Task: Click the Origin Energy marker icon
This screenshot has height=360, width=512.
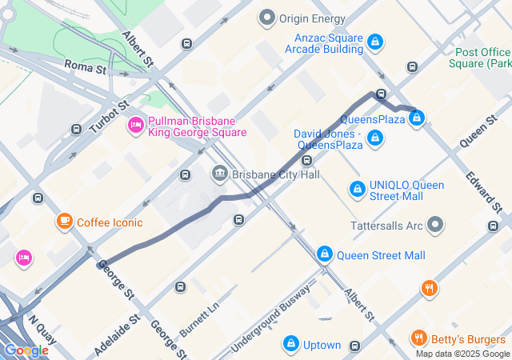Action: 267,18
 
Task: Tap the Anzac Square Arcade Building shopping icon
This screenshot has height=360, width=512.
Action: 374,41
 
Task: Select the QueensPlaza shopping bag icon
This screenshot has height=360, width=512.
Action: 416,119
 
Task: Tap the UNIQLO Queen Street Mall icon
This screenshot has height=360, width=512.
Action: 358,190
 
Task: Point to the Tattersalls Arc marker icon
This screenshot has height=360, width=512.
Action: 435,225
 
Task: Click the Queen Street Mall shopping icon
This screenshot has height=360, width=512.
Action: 324,255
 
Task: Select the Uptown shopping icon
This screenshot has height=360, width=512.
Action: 291,345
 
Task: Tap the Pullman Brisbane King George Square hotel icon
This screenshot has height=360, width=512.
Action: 135,126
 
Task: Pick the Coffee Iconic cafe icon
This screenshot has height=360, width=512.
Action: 64,222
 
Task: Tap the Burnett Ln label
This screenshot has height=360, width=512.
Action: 199,318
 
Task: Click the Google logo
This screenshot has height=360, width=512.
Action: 26,350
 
